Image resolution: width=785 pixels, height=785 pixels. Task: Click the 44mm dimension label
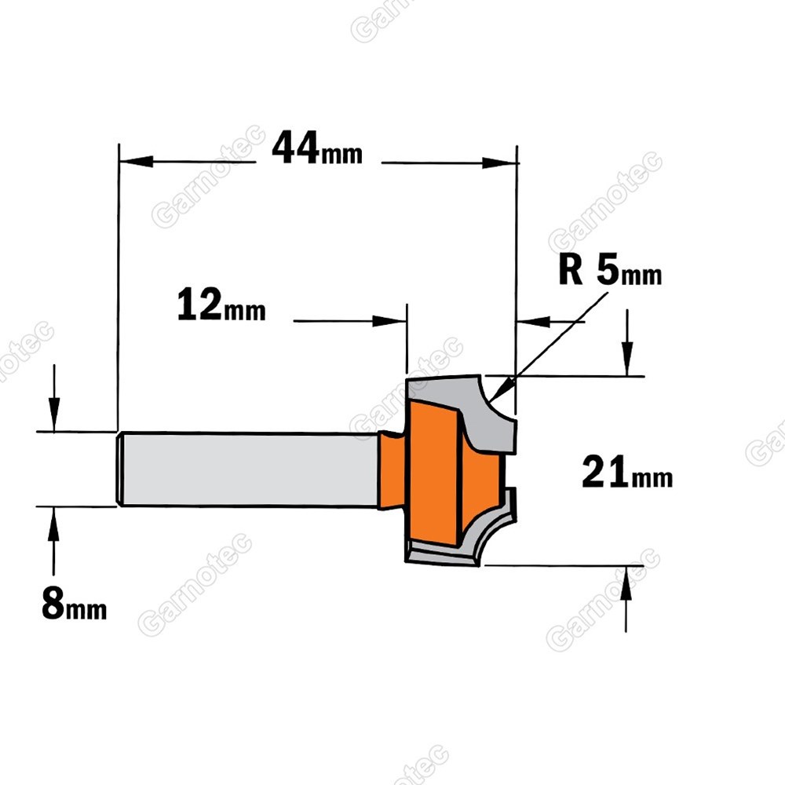pos(317,148)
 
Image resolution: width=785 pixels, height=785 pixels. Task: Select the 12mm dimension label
pos(221,305)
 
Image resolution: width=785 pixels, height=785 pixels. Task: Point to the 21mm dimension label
pos(627,472)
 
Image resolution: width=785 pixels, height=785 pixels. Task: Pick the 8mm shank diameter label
pos(74,604)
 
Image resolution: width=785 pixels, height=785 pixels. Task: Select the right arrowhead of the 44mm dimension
pos(498,162)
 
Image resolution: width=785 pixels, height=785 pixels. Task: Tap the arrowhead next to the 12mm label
pos(389,321)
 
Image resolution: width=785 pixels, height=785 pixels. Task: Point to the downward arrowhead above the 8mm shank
pos(54,414)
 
